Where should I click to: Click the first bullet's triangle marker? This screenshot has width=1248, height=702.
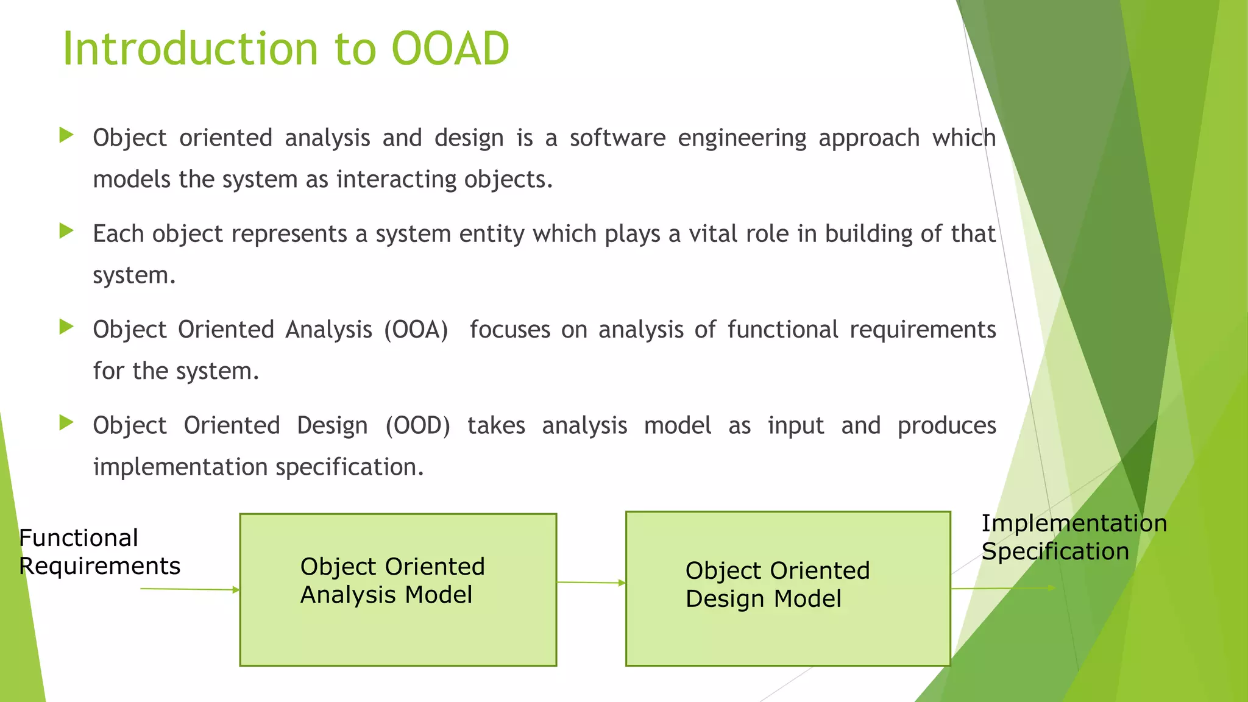(x=66, y=135)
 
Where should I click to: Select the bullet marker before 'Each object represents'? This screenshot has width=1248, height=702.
(x=66, y=231)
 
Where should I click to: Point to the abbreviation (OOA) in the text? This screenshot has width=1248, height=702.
(x=416, y=330)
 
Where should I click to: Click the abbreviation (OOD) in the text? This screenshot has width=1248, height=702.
(x=417, y=425)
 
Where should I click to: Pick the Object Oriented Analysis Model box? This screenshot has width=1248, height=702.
(x=398, y=589)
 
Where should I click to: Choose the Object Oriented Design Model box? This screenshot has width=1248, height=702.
(x=787, y=589)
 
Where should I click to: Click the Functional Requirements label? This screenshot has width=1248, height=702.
(x=99, y=552)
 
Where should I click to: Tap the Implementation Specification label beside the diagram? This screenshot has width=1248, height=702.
(x=1074, y=537)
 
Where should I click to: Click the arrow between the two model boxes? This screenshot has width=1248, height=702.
(x=591, y=583)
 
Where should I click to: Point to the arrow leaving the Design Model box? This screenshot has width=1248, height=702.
(x=1003, y=588)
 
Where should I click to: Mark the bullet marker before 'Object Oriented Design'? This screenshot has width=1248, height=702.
(x=66, y=422)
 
